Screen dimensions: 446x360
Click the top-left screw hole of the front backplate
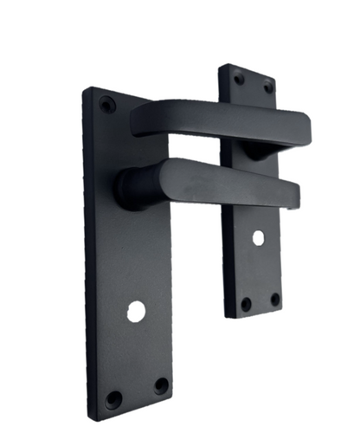click(x=107, y=105)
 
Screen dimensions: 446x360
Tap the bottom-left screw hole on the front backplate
click(x=113, y=399)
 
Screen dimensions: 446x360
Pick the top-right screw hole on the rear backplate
click(x=267, y=87)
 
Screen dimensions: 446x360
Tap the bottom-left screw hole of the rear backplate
click(x=246, y=304)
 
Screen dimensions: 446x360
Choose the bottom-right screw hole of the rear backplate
click(x=274, y=300)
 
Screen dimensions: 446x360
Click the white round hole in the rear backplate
click(x=259, y=236)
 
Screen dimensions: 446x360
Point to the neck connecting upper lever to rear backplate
click(x=255, y=149)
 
